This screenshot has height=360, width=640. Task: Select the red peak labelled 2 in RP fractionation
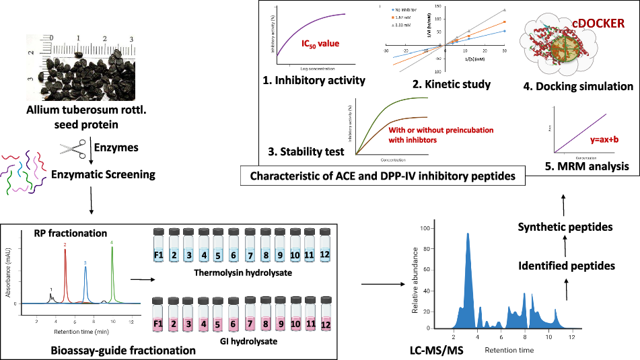[65, 269]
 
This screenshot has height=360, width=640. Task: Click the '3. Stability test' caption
[307, 152]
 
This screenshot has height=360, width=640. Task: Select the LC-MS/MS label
[436, 350]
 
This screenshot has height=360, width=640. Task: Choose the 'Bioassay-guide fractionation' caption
[123, 350]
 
